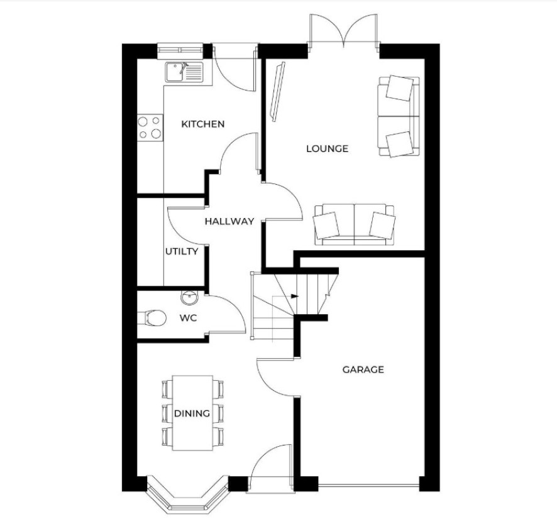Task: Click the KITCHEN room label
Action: tap(203, 124)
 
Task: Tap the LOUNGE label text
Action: tap(327, 148)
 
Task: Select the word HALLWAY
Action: tap(229, 221)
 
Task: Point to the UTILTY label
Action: tap(182, 251)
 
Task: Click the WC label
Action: tap(188, 318)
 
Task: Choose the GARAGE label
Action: tap(363, 369)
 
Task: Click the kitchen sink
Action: tap(184, 72)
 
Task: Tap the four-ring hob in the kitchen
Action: tap(150, 128)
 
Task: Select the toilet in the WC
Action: tap(152, 318)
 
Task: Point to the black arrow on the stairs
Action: tap(294, 297)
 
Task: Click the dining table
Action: tap(192, 413)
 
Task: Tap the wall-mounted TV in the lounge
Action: tap(278, 92)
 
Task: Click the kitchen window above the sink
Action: tap(180, 51)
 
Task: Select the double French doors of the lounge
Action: tap(343, 31)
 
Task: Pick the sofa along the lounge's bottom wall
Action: tap(354, 224)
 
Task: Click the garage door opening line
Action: tap(369, 485)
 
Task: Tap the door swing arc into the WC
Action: tap(231, 310)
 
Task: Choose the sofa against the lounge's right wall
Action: tap(399, 116)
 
